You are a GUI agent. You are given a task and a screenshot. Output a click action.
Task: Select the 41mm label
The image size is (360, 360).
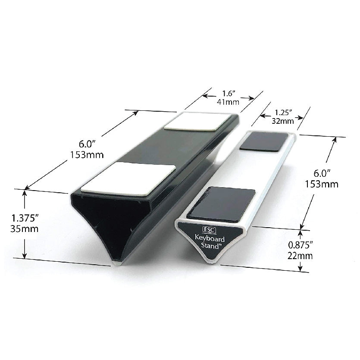[230, 103]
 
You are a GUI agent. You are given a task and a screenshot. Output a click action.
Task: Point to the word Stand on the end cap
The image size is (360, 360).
[210, 246]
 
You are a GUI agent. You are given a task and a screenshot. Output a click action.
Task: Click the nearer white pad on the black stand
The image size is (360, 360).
[128, 177]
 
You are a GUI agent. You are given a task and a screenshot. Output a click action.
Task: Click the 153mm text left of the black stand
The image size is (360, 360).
[84, 154]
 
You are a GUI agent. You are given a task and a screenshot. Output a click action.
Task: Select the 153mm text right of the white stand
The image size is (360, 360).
[322, 184]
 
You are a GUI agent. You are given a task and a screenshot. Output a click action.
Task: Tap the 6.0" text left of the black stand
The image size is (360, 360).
[84, 143]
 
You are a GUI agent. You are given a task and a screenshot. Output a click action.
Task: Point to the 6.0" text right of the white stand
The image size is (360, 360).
[322, 173]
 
